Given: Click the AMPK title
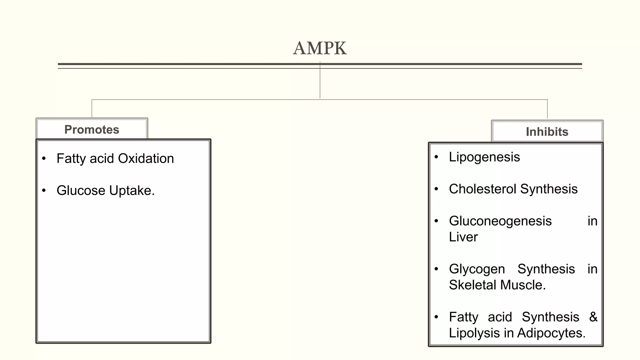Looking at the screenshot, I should tap(320, 48).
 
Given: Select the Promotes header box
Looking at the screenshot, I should tap(92, 129).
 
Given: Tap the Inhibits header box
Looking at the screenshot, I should tap(547, 132).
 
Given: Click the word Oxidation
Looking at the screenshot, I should tap(146, 158).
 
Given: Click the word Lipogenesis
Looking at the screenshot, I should tap(484, 157).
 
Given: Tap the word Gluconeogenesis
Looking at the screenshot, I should tap(500, 221).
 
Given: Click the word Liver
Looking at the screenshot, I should tap(463, 237).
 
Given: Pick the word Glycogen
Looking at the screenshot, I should tap(477, 269).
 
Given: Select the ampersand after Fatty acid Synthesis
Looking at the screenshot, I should tap(593, 317).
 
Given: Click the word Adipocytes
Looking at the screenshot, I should tap(551, 333).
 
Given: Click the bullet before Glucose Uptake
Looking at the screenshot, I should tap(44, 190).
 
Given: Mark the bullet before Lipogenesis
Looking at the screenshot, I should tap(436, 157).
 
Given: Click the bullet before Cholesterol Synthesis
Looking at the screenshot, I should tap(436, 189).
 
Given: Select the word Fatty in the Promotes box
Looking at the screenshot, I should tap(71, 159).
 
